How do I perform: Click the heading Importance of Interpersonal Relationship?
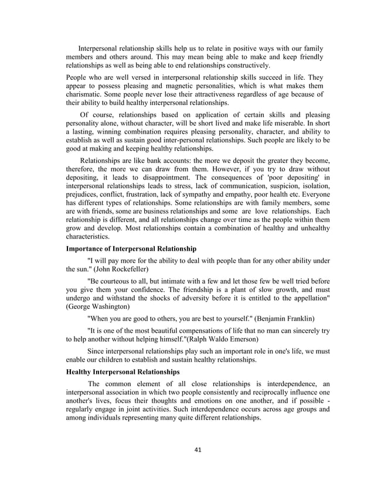pos(131,249)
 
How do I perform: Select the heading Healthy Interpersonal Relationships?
pos(123,372)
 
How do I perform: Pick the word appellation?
pos(301,297)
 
